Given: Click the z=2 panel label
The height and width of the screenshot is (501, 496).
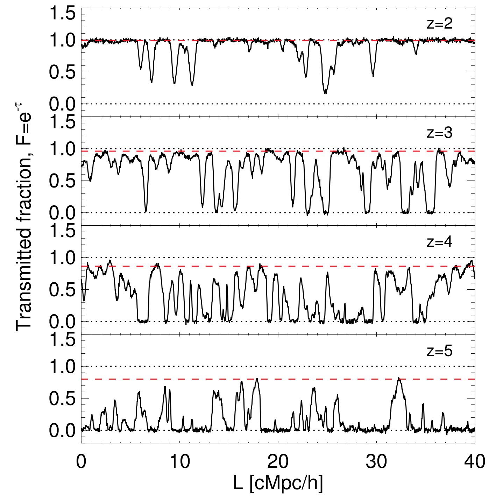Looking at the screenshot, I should (x=440, y=24).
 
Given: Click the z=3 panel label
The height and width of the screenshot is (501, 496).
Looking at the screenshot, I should (x=440, y=133).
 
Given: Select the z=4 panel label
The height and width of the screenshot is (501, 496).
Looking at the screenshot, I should (x=440, y=242).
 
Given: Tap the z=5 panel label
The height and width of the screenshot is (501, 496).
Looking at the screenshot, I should (x=440, y=351).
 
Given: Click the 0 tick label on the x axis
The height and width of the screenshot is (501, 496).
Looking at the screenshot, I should (x=81, y=461).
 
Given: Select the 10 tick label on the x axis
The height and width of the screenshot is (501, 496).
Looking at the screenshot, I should (x=179, y=461).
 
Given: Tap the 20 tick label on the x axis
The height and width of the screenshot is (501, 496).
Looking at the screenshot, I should (x=278, y=461).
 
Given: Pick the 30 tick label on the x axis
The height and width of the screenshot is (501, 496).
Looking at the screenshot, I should (x=376, y=461).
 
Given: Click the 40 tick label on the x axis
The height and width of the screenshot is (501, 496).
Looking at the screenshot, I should (x=474, y=461).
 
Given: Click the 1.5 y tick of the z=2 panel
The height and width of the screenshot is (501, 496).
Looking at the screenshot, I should (x=62, y=14).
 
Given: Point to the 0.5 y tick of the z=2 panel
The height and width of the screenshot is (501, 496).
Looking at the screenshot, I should (x=62, y=72).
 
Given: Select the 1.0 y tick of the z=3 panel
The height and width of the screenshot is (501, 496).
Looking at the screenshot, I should (x=62, y=149).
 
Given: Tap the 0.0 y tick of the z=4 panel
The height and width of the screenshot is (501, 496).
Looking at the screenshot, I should (x=62, y=322).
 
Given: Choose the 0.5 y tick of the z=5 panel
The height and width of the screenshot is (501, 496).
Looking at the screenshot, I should (x=62, y=399).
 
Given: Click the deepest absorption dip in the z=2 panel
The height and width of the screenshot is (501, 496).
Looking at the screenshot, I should (x=326, y=93).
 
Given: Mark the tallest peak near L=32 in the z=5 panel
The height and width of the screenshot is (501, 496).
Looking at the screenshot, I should (x=399, y=378).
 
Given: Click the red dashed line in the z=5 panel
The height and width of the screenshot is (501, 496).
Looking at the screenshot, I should (x=210, y=379).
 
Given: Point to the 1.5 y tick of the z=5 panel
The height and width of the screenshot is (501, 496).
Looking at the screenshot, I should (x=62, y=341).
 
